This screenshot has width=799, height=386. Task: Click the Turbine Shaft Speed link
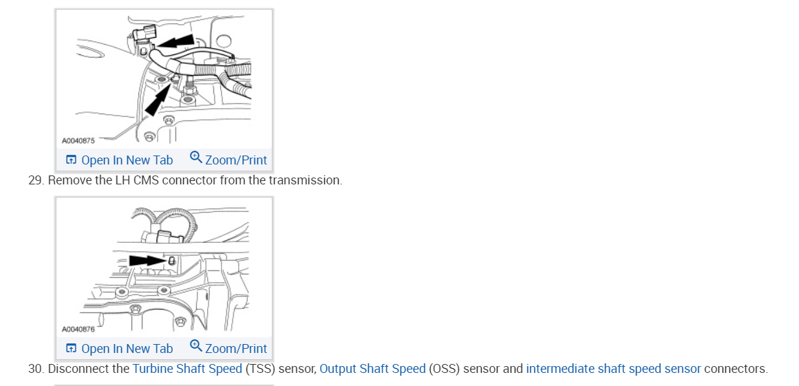tap(187, 369)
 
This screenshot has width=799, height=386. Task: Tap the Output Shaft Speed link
tap(372, 369)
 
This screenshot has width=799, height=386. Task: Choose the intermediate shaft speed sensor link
tap(613, 369)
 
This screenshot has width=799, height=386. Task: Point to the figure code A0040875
tap(78, 141)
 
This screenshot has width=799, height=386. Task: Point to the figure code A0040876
tap(78, 330)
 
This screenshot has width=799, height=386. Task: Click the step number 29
tap(35, 180)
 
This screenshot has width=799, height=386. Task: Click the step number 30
tap(35, 369)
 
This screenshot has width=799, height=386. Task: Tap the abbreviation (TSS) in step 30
tap(261, 369)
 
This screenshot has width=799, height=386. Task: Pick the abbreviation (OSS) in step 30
tap(445, 369)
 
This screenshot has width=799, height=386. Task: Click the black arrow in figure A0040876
tap(146, 261)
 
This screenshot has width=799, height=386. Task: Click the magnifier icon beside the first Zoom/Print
tap(195, 158)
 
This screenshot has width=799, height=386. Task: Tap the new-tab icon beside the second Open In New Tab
tap(71, 349)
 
